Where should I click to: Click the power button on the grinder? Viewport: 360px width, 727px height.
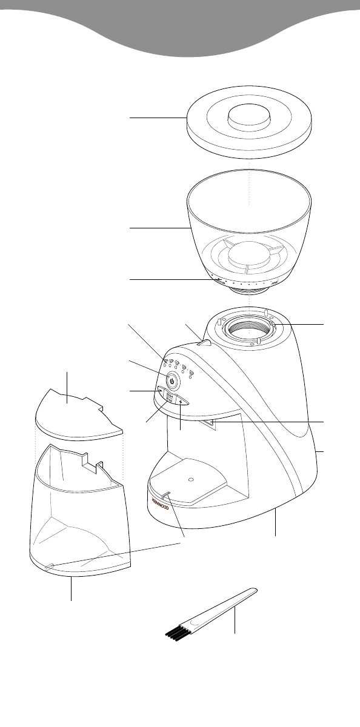click(173, 382)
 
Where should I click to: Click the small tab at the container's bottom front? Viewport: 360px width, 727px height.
click(50, 567)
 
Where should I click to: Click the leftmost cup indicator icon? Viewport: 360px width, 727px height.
click(164, 362)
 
